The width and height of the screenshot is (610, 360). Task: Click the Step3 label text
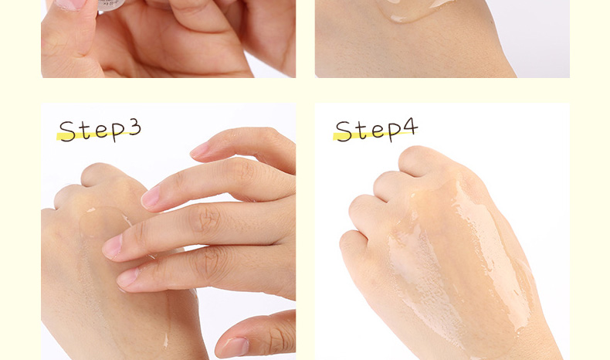click(100, 130)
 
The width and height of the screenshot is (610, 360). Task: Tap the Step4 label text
click(377, 130)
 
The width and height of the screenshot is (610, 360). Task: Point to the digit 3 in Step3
click(134, 127)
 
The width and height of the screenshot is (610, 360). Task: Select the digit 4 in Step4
click(411, 127)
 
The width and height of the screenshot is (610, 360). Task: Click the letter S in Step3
click(67, 131)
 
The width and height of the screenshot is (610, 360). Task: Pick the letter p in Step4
click(393, 131)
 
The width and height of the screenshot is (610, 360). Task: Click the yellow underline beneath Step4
click(374, 135)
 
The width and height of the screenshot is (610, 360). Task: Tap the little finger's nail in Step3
click(200, 150)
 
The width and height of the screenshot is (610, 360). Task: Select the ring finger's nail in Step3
click(150, 197)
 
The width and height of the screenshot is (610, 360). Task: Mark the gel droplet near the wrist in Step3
click(166, 341)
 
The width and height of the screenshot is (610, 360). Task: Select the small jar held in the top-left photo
click(111, 5)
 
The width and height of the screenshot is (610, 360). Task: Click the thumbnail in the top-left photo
click(71, 5)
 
